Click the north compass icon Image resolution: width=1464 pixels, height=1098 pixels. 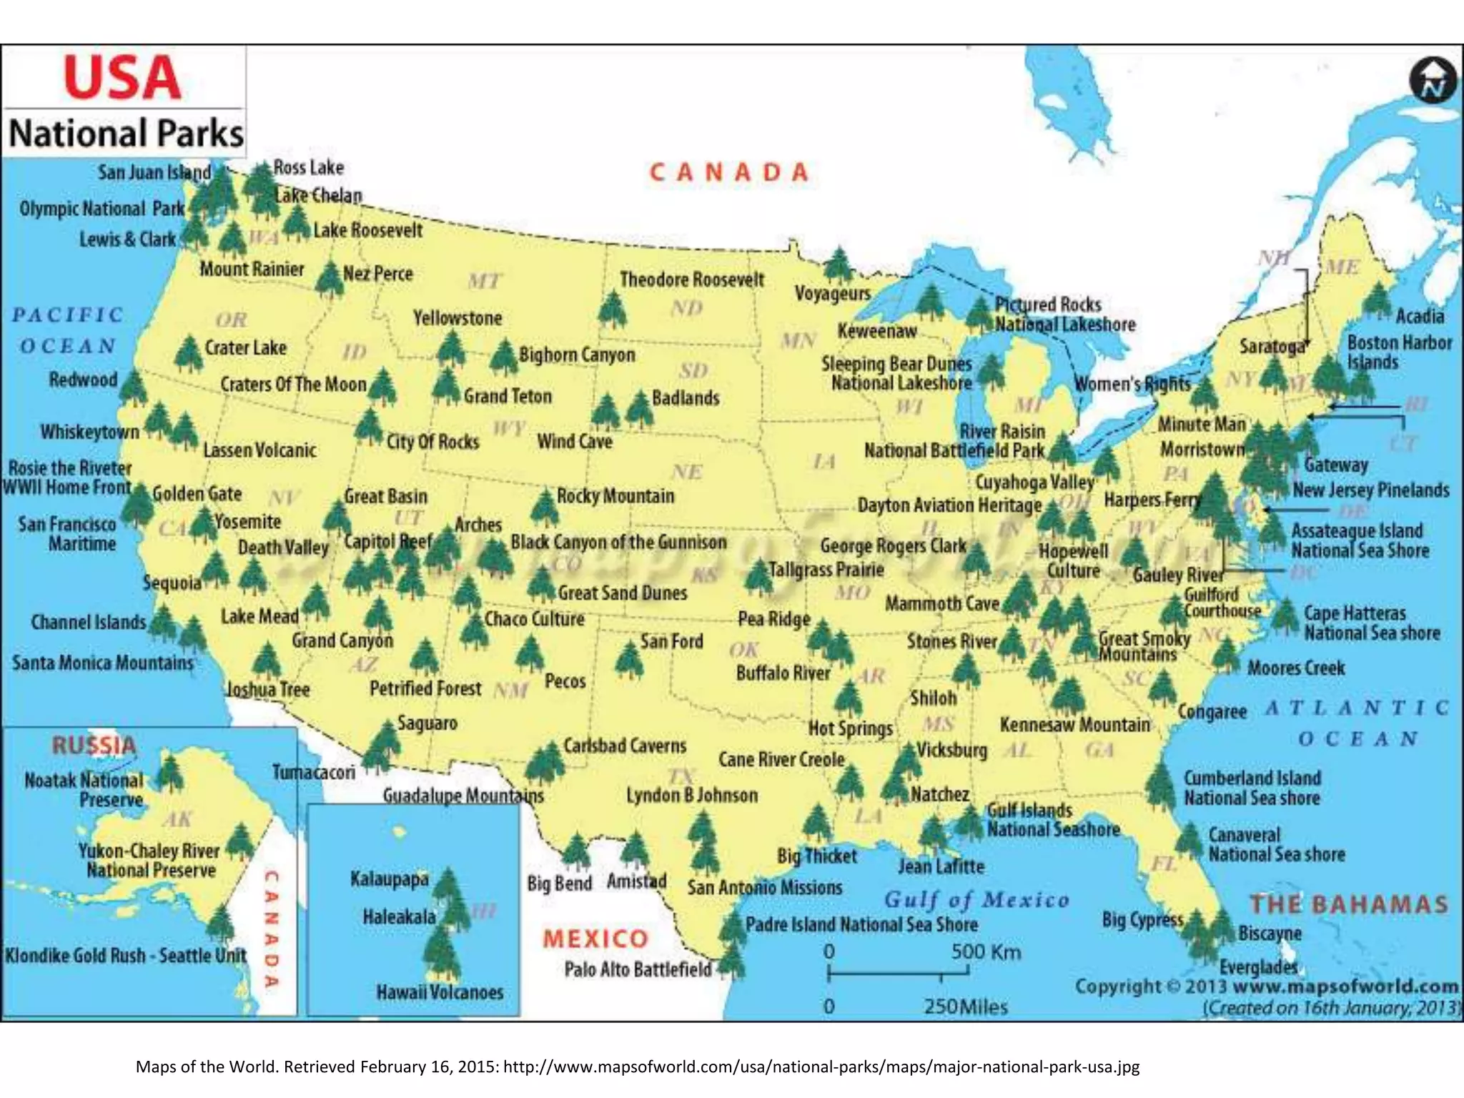[1433, 80]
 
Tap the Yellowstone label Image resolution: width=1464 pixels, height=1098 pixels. [457, 318]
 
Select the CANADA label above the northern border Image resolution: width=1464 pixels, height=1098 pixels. [729, 172]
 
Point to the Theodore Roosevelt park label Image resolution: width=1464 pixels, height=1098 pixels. [691, 280]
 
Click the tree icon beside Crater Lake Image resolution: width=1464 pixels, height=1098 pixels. [188, 353]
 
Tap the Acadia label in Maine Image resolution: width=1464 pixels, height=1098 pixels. [1420, 316]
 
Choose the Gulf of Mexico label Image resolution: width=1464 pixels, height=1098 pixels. [976, 900]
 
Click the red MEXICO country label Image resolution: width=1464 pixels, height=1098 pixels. [595, 939]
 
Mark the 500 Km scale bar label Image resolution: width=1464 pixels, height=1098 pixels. [985, 952]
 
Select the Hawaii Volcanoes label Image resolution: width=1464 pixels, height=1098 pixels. [440, 992]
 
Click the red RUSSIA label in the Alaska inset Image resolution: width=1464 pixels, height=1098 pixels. [94, 746]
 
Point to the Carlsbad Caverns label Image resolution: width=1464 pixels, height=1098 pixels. [624, 746]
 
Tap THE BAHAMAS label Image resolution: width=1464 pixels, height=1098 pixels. [1349, 904]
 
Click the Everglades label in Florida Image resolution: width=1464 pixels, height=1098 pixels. [1258, 967]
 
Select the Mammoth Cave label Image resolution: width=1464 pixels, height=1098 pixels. [941, 604]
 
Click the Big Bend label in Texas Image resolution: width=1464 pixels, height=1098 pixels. [559, 884]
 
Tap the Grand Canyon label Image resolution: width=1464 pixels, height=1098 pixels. [342, 640]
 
